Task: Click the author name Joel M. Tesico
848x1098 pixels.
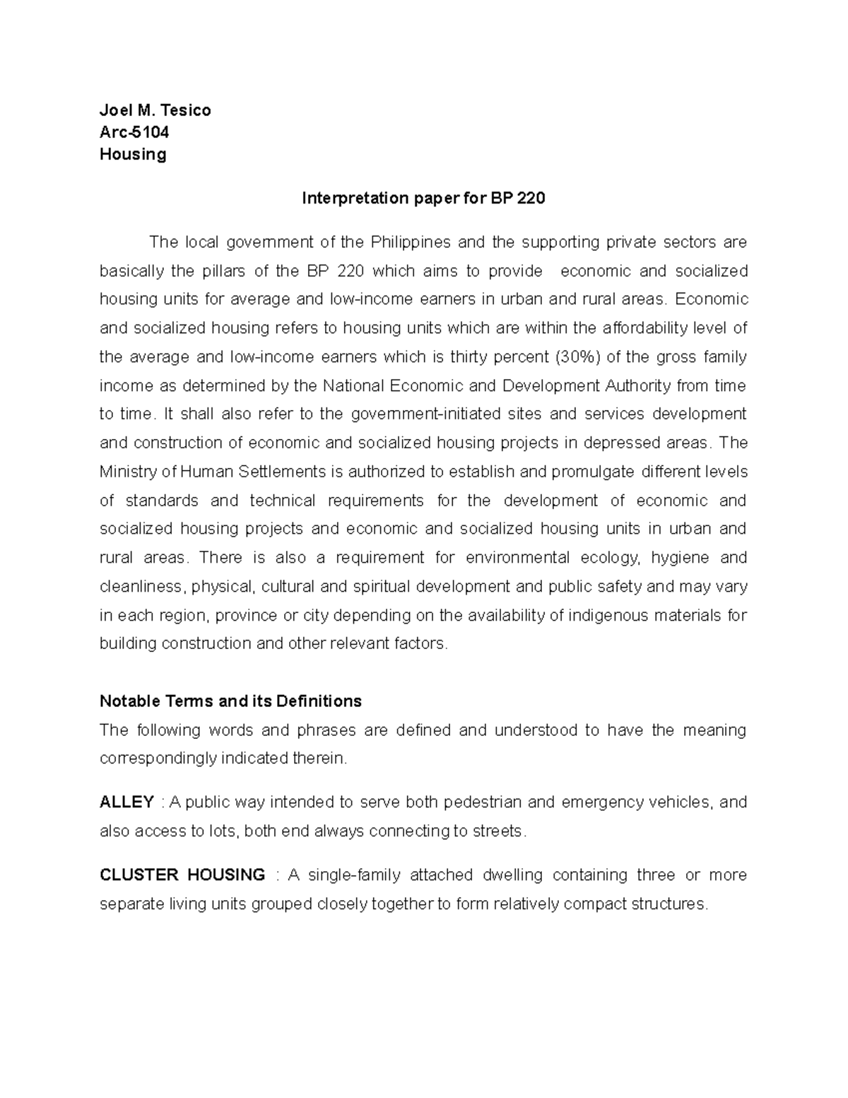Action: tap(155, 110)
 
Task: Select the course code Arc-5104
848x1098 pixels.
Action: tap(134, 132)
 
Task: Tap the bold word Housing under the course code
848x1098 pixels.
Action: tap(133, 154)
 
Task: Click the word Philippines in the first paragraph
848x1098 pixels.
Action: tap(410, 243)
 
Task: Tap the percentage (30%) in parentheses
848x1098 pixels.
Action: tap(577, 357)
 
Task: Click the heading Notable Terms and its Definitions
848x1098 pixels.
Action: tap(230, 701)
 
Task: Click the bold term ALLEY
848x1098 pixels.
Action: tap(126, 802)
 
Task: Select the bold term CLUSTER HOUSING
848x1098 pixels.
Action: tap(182, 875)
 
